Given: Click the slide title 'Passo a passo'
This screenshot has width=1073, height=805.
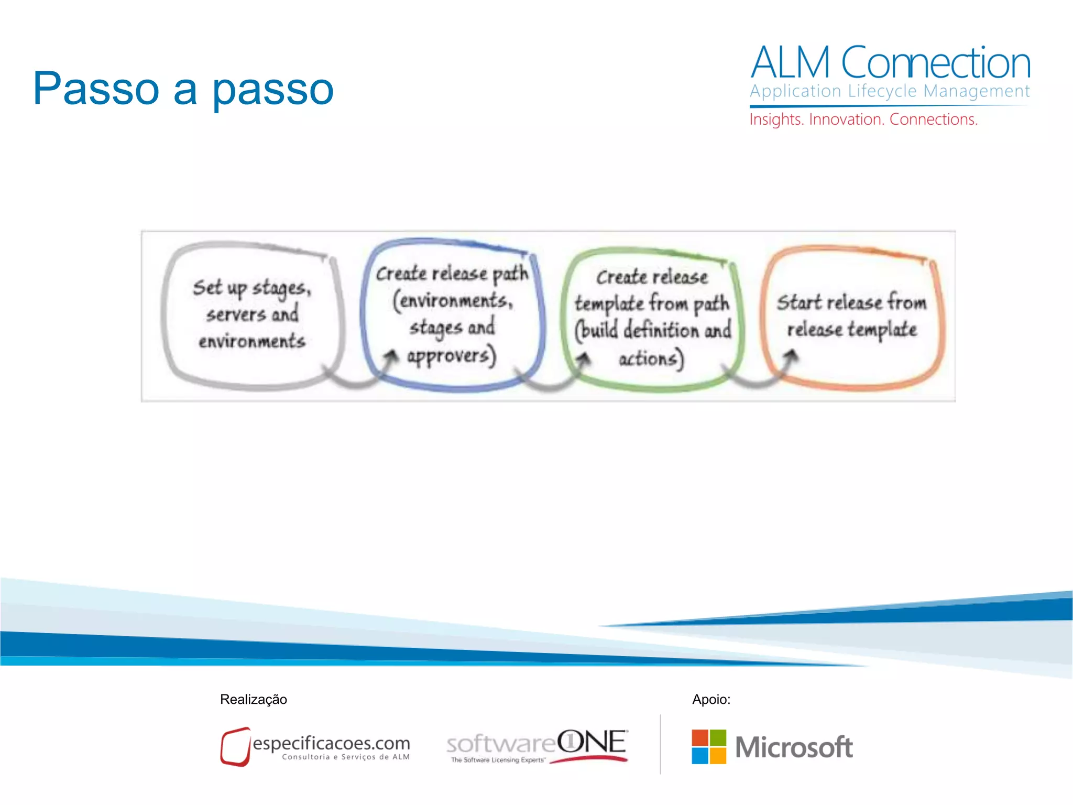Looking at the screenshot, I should tap(183, 89).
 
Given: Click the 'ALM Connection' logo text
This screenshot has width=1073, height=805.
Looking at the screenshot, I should tap(890, 63).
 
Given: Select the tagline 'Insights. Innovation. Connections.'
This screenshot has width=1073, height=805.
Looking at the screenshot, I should tap(863, 119).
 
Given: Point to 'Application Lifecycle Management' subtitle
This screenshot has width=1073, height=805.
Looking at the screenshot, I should tap(889, 91).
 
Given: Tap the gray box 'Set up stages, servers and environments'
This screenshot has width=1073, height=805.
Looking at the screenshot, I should tap(252, 314).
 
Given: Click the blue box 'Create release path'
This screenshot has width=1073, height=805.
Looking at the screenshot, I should tap(452, 314).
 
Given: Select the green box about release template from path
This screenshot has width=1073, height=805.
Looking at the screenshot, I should tap(652, 318).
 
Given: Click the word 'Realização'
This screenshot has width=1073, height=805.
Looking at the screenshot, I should tap(254, 699).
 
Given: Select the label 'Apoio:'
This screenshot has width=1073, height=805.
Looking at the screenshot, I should tap(711, 699).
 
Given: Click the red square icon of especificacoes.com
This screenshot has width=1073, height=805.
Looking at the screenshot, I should tap(235, 746).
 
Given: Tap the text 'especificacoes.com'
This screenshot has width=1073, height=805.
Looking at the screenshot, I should tap(331, 743).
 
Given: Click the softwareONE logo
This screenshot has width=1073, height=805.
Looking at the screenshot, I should tap(537, 746).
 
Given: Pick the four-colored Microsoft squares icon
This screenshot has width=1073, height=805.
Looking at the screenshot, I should tap(709, 746).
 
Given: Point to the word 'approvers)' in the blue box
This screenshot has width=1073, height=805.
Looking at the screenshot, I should tap(451, 356).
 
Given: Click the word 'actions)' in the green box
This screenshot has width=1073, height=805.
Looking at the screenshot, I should tap(651, 359).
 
